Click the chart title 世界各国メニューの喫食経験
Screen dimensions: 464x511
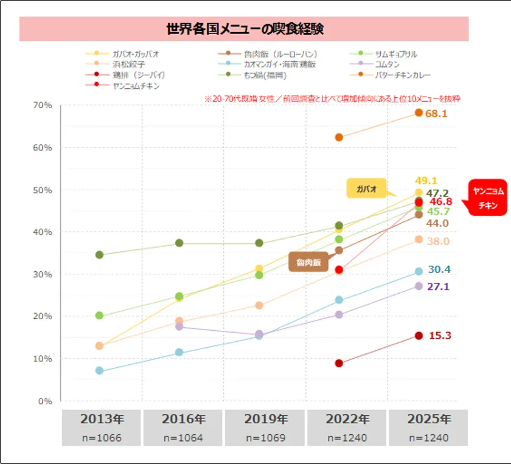point(244,29)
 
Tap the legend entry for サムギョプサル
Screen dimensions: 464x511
point(396,54)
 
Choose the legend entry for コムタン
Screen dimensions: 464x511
point(388,64)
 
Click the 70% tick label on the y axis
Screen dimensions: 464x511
point(42,105)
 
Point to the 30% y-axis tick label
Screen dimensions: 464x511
point(42,274)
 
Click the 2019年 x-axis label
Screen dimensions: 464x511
point(265,419)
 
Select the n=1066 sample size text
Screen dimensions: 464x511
point(100,438)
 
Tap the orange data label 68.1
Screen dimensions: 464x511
point(437,114)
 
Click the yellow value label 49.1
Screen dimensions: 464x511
point(426,181)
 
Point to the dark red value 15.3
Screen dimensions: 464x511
point(440,336)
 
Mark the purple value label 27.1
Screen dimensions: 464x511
point(438,286)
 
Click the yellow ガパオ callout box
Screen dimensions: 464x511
point(367,189)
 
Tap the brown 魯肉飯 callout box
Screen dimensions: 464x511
point(308,262)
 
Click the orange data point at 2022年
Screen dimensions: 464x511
point(339,137)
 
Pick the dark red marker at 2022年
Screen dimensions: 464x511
point(339,363)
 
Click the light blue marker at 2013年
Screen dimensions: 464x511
point(99,370)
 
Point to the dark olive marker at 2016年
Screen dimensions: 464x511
point(179,243)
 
